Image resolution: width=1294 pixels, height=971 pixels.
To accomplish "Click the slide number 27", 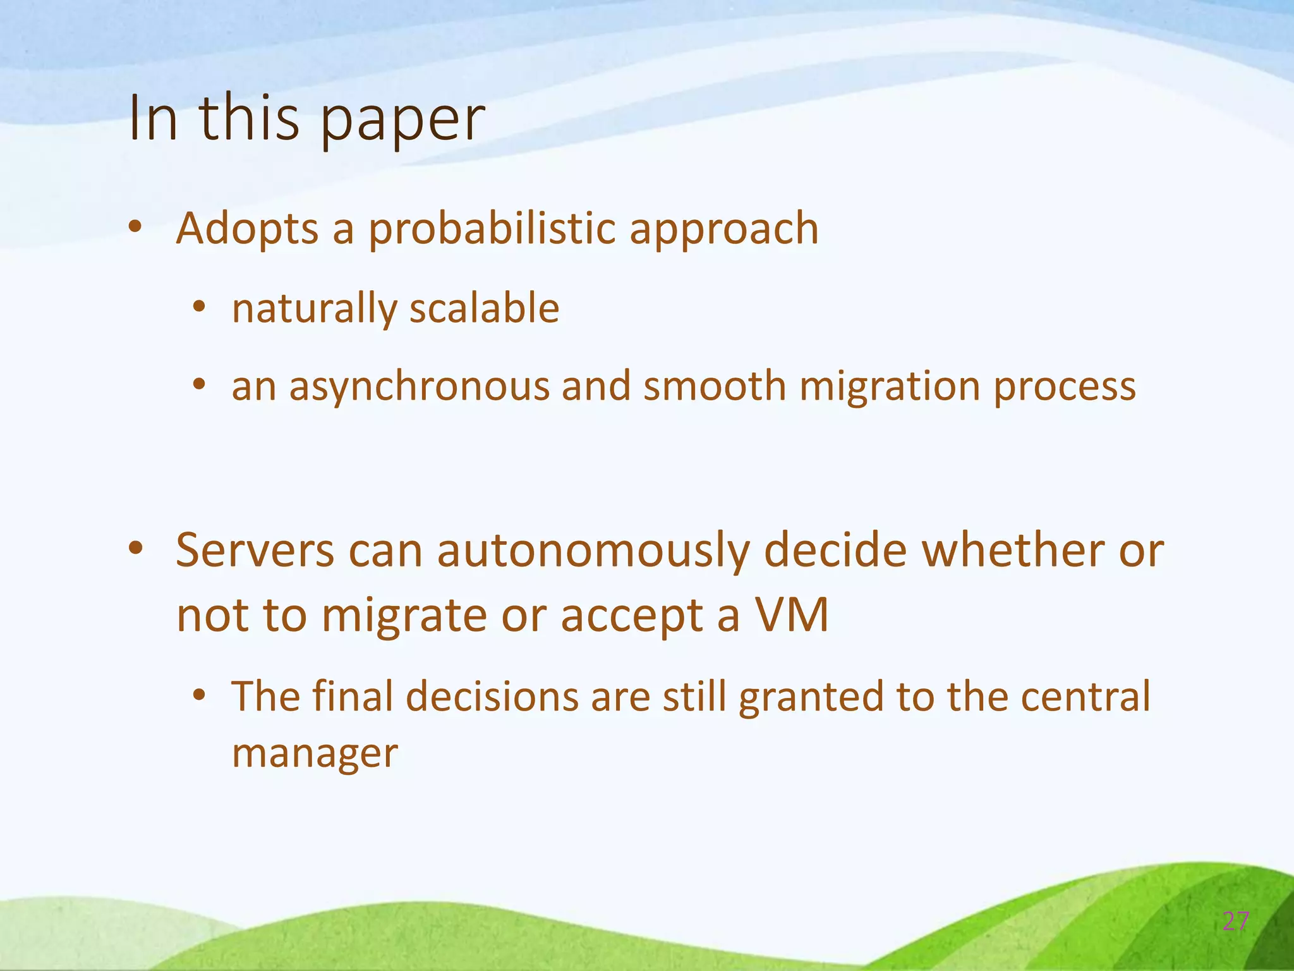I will tap(1235, 922).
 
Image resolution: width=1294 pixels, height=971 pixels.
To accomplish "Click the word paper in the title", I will tap(402, 120).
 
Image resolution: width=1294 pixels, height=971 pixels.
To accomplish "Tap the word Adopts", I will tap(247, 229).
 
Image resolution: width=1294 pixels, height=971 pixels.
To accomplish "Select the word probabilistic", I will tap(492, 229).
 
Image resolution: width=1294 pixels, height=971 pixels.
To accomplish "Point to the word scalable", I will tap(484, 308).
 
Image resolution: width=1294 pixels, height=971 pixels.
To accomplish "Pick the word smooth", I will tap(714, 386).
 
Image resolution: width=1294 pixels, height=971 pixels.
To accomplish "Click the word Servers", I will tap(255, 550).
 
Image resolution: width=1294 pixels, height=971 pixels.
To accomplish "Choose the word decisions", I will tap(491, 697).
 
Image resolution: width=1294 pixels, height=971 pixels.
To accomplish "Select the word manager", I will tap(315, 754).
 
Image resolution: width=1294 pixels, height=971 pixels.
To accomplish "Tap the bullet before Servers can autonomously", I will tap(135, 549).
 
